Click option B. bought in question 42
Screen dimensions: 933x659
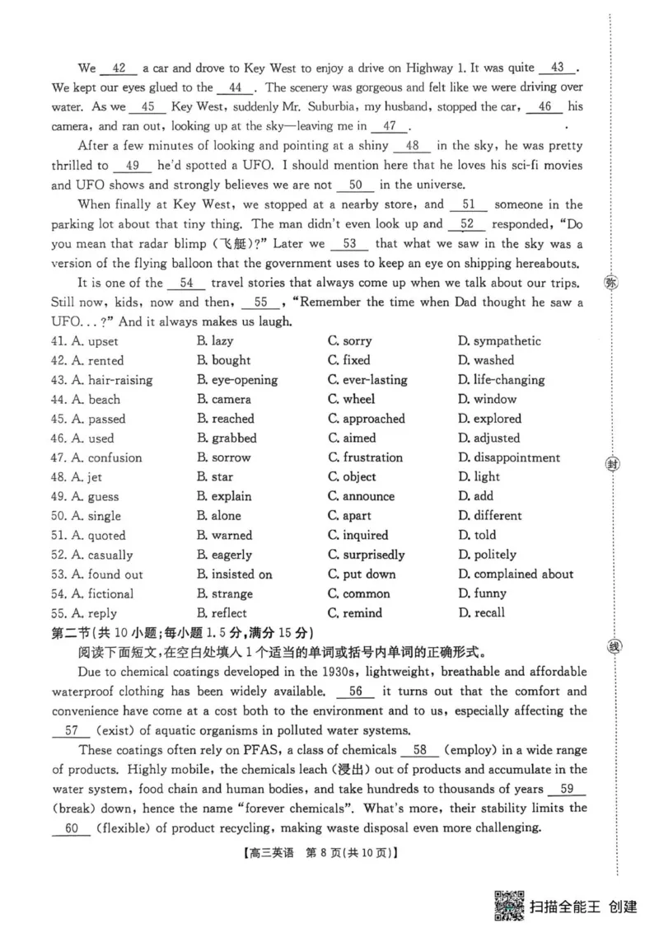coord(223,360)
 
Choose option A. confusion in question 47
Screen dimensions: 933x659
coord(106,457)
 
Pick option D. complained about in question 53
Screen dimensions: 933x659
coord(515,574)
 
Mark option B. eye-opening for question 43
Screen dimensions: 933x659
coord(236,380)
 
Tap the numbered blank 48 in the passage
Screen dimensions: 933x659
coord(414,146)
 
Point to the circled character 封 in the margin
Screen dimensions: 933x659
coord(611,464)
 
